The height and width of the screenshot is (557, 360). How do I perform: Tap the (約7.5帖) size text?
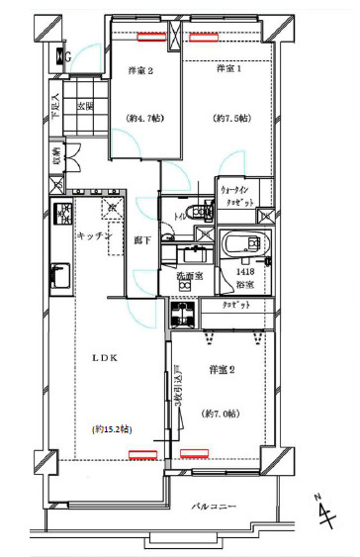[x=228, y=119]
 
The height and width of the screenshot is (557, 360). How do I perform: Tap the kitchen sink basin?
[x=57, y=274]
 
